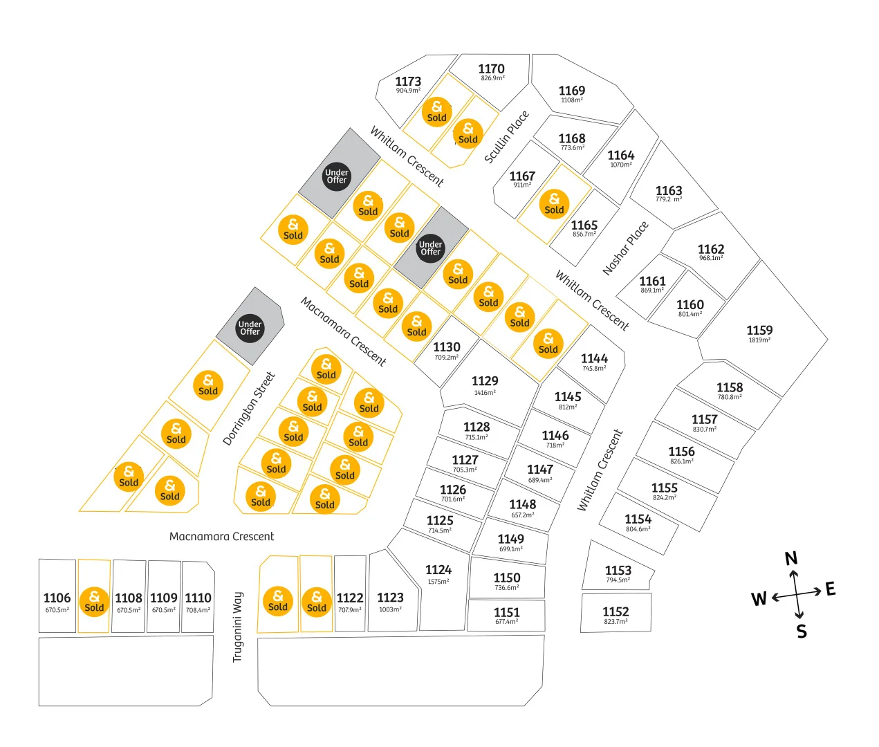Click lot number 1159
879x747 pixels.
(759, 330)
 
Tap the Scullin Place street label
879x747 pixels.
(506, 136)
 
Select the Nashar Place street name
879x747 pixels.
(625, 248)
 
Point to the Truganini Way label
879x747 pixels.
(237, 627)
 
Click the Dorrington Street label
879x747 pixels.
(249, 408)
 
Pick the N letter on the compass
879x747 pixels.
(790, 559)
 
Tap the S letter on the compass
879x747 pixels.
(802, 631)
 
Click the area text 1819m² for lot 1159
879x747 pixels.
(759, 340)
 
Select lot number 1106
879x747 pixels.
(57, 598)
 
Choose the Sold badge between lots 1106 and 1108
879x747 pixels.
(94, 602)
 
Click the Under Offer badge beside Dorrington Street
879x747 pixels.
(250, 328)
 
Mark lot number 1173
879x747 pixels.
(408, 81)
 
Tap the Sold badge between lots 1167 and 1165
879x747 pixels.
(554, 204)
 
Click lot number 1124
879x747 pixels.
(438, 570)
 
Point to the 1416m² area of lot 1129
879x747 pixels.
(485, 393)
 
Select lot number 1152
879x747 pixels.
(616, 611)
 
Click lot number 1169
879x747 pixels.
(571, 91)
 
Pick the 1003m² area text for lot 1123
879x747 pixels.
(390, 609)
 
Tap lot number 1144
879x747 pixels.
(594, 358)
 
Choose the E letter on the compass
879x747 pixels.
(830, 589)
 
